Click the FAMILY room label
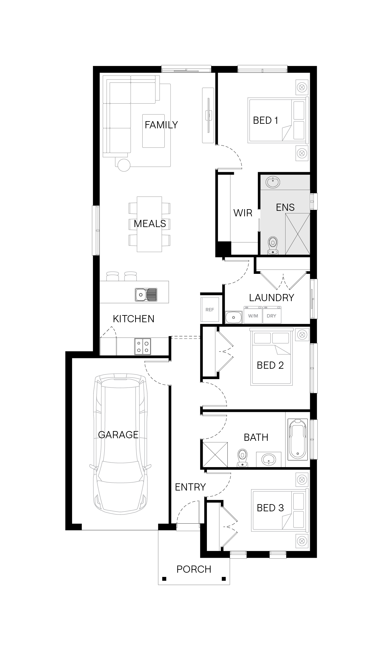click(161, 125)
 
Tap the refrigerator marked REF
click(210, 310)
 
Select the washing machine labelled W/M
click(253, 314)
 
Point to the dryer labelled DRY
click(272, 314)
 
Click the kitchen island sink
click(146, 295)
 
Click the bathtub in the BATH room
click(297, 439)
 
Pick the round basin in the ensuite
click(273, 182)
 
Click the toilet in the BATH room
click(242, 458)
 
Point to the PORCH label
click(194, 569)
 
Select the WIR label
click(243, 213)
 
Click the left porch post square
click(164, 579)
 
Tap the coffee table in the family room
click(153, 131)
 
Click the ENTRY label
click(190, 487)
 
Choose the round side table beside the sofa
click(124, 165)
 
